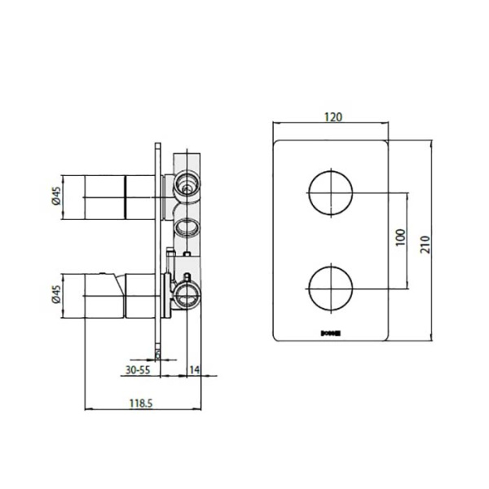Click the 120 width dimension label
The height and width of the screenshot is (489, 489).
[x=333, y=116]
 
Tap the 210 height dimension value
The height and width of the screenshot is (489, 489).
[x=422, y=242]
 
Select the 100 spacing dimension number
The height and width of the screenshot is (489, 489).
[x=399, y=237]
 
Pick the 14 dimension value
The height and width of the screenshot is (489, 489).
[x=196, y=368]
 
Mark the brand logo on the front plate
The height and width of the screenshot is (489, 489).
[x=333, y=332]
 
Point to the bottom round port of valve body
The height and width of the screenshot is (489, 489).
[x=186, y=294]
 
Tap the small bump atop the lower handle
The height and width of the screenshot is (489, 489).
[x=103, y=271]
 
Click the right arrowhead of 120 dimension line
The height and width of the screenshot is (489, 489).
[x=388, y=125]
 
